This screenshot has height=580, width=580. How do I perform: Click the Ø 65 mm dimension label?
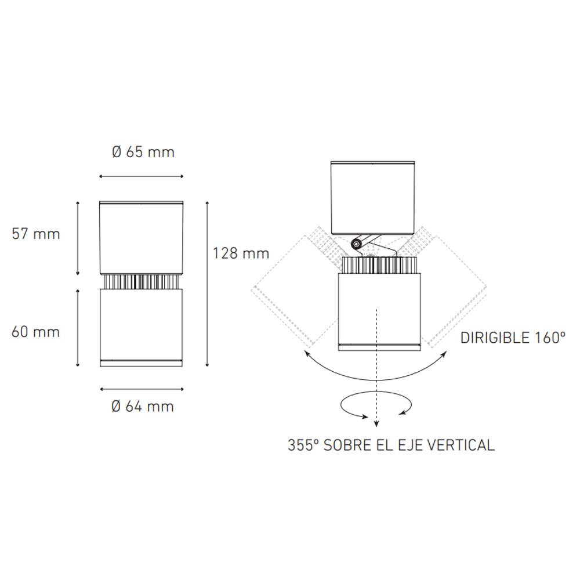[143, 153]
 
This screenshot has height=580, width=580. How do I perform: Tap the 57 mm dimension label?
[36, 234]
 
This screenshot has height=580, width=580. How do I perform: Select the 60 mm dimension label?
[36, 332]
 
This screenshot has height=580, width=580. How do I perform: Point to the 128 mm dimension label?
[241, 253]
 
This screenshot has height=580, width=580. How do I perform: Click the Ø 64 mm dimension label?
[143, 406]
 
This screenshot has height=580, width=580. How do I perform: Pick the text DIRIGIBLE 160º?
[513, 338]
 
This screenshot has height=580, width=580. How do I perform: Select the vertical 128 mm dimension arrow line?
[208, 284]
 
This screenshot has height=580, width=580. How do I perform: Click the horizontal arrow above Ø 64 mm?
[142, 389]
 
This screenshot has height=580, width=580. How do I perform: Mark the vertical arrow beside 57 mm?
[78, 238]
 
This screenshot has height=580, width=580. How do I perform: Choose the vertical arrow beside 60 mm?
[78, 328]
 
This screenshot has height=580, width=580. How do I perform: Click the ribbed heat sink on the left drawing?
[142, 282]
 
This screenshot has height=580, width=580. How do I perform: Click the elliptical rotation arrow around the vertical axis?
[376, 405]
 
